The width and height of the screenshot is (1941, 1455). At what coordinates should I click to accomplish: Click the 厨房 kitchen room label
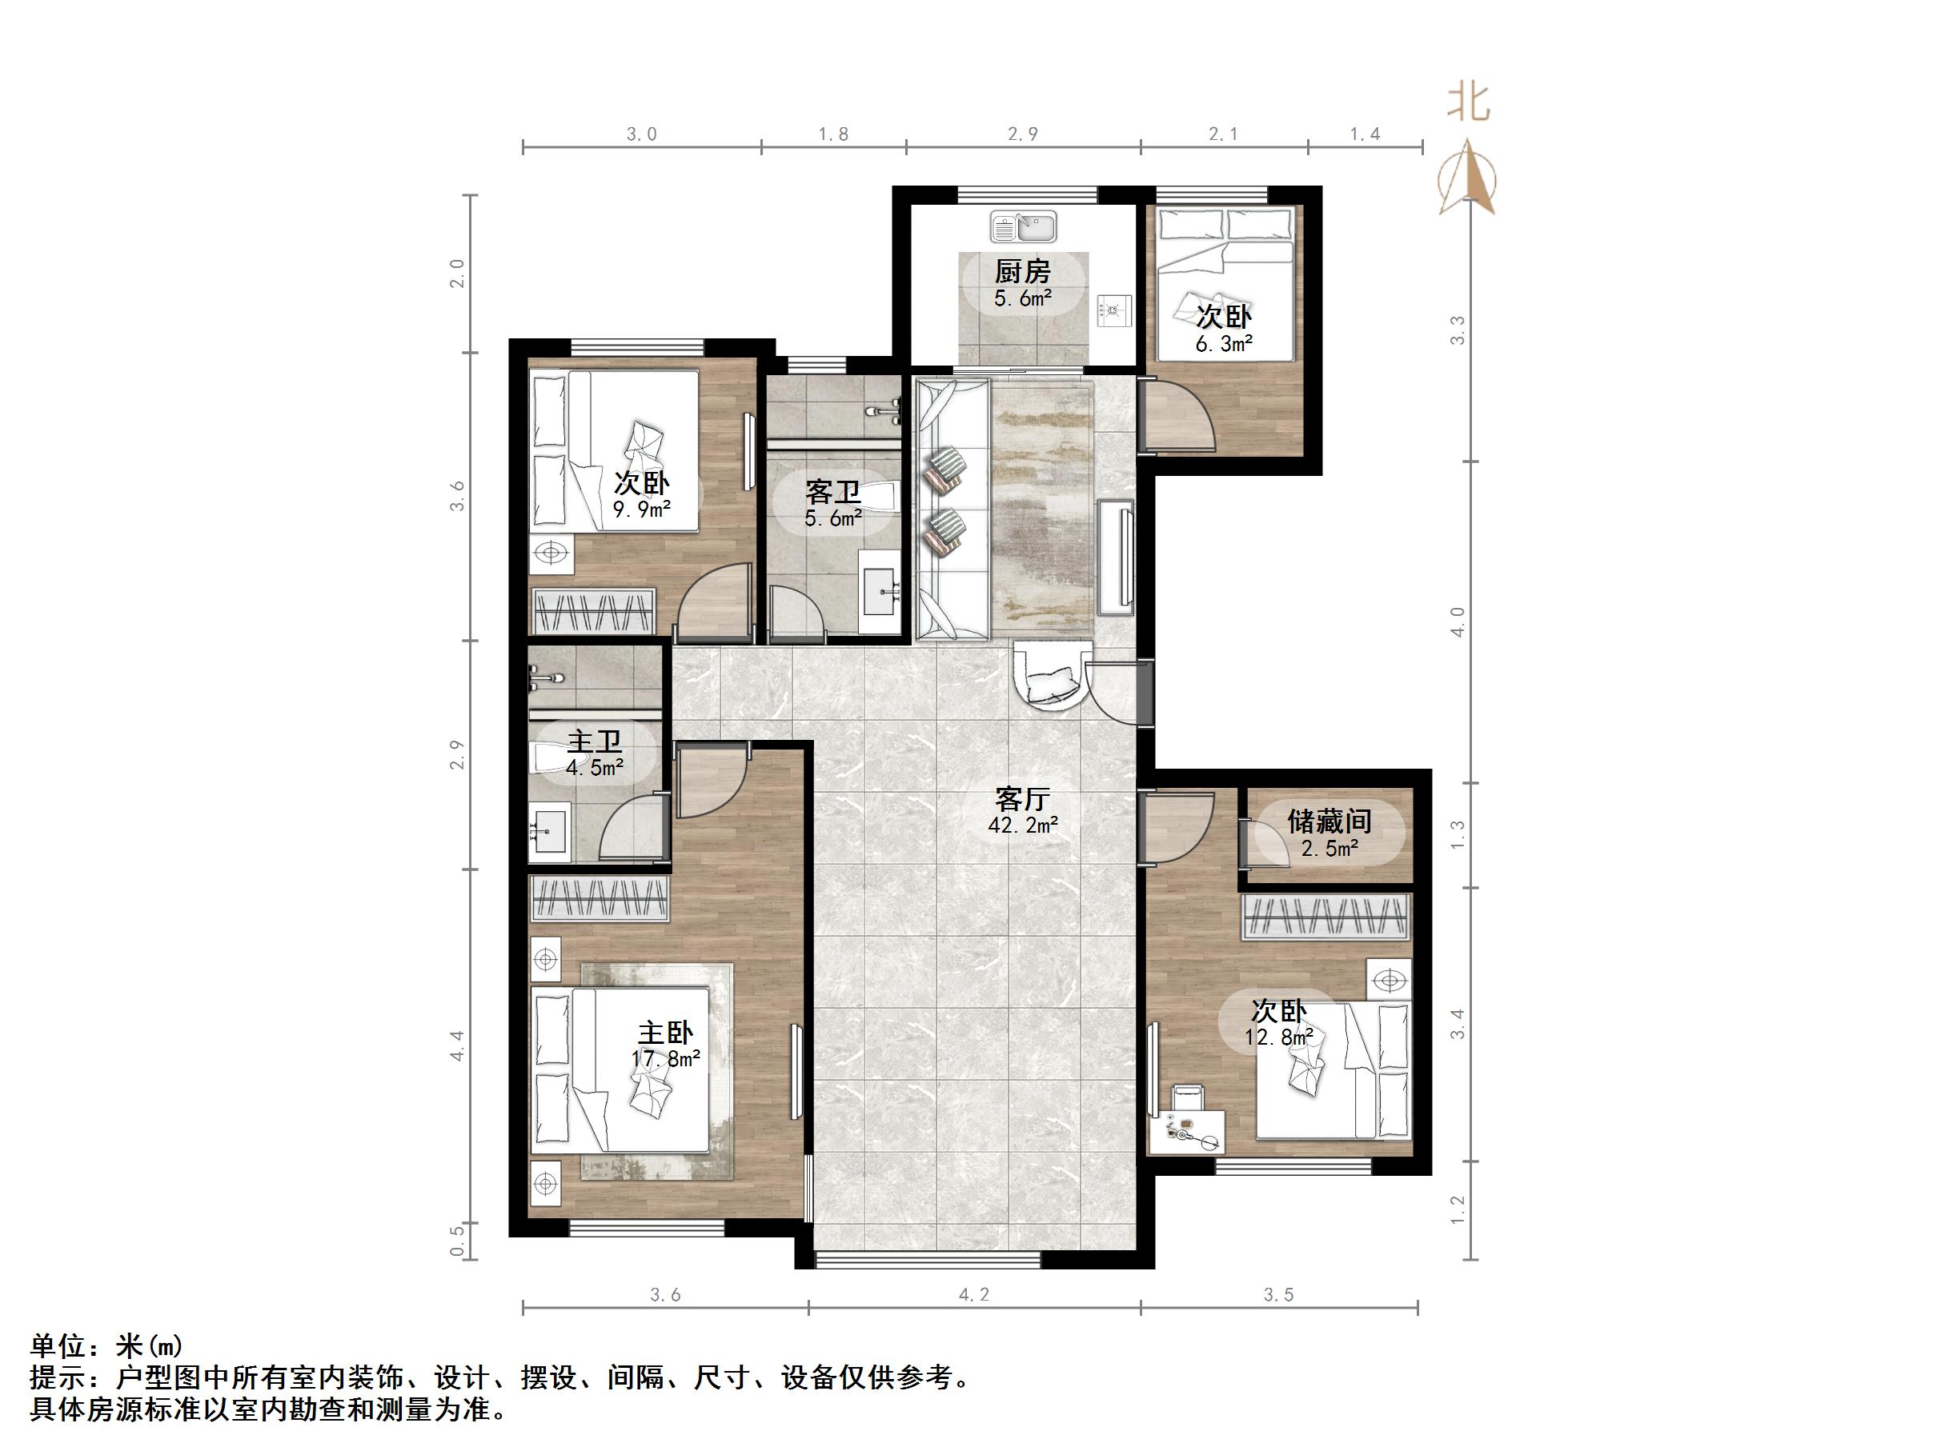pyautogui.click(x=1022, y=272)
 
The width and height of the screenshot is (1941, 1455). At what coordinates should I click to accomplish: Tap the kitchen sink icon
pyautogui.click(x=1023, y=227)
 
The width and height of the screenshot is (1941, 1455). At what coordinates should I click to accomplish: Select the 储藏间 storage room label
pyautogui.click(x=1329, y=821)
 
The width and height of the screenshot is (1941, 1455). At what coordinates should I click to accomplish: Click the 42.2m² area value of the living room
pyautogui.click(x=1022, y=825)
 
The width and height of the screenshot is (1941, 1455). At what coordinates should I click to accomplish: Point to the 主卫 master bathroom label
pyautogui.click(x=594, y=742)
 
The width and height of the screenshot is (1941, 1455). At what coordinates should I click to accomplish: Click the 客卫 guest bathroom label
pyautogui.click(x=832, y=491)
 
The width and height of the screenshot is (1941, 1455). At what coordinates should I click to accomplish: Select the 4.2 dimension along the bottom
pyautogui.click(x=974, y=1293)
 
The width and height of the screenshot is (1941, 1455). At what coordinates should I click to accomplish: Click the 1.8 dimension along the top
pyautogui.click(x=832, y=134)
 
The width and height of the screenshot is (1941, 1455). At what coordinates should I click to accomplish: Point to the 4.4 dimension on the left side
pyautogui.click(x=457, y=1045)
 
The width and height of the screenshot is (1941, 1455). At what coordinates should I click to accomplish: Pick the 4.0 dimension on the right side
pyautogui.click(x=1458, y=622)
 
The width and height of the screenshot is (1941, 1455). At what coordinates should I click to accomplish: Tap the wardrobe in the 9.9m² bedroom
pyautogui.click(x=594, y=611)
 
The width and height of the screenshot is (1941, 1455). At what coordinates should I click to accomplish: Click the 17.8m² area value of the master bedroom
pyautogui.click(x=666, y=1058)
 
